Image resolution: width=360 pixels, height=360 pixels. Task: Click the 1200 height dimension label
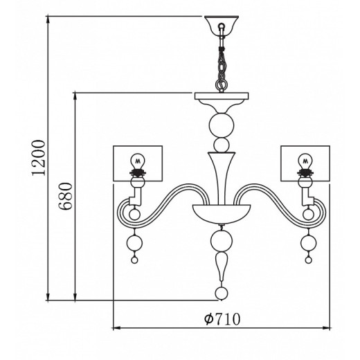click(38, 158)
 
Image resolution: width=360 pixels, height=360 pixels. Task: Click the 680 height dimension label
click(65, 196)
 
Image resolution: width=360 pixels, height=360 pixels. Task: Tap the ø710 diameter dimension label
click(222, 319)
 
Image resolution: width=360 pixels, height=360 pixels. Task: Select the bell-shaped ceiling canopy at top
click(222, 26)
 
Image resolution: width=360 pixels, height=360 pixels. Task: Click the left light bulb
click(138, 163)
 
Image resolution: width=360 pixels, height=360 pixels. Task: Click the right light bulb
click(305, 163)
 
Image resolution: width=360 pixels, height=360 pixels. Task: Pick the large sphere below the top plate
click(222, 125)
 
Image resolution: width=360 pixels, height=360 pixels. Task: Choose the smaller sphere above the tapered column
click(222, 145)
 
